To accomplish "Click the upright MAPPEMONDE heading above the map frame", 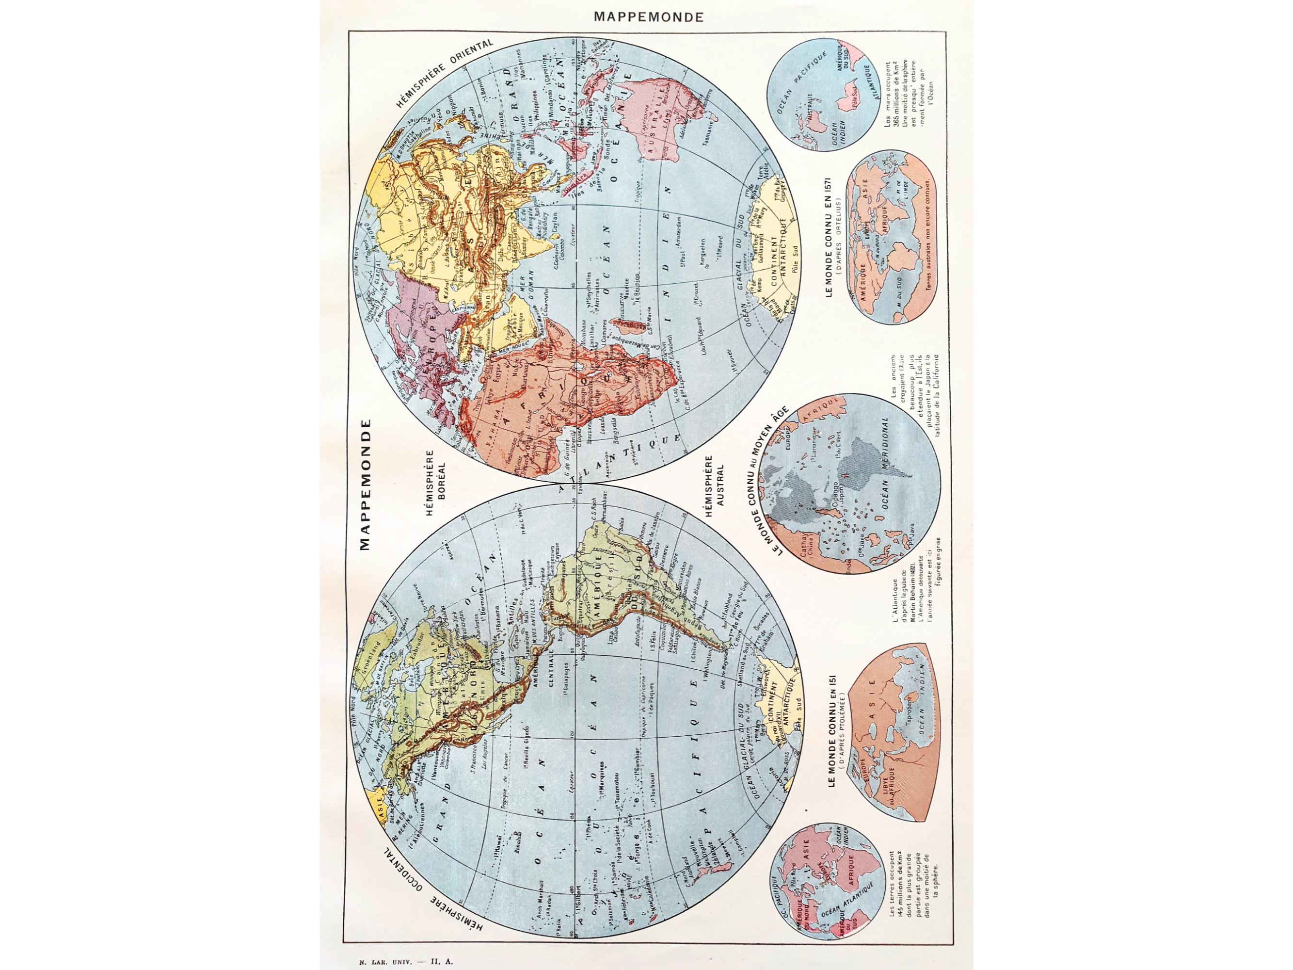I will pyautogui.click(x=648, y=17).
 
